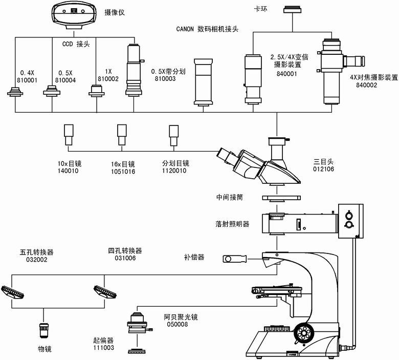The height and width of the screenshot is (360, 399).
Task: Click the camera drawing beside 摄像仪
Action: click(76, 14)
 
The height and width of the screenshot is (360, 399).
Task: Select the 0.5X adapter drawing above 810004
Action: click(51, 91)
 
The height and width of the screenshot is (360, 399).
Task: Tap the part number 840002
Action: click(366, 85)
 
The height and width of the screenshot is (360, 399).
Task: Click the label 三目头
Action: click(323, 161)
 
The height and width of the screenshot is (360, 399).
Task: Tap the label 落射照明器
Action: click(232, 224)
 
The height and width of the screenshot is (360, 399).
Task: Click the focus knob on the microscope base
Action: click(307, 332)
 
